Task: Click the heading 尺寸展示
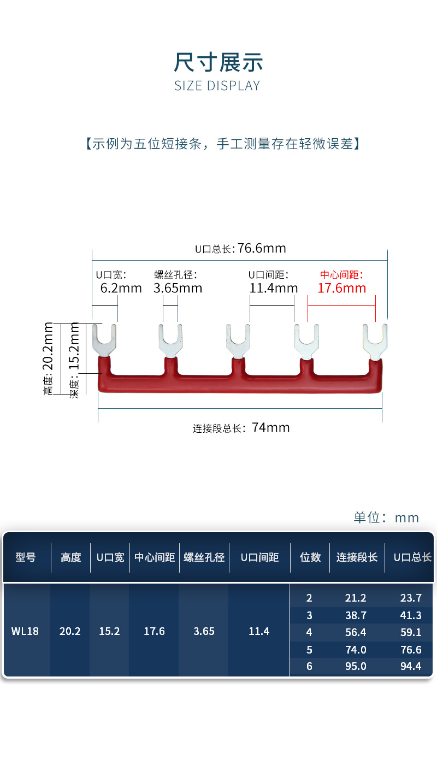pos(218,63)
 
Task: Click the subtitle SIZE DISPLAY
pos(217,86)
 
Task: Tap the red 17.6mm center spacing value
pos(341,288)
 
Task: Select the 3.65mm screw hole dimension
pos(178,288)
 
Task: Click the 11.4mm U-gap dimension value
pos(274,288)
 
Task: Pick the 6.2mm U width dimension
pos(121,288)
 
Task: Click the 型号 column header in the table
pos(26,557)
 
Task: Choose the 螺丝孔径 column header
pos(204,557)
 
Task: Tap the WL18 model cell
pos(25,631)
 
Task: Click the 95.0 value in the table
pos(356,666)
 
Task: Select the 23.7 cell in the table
pos(411,598)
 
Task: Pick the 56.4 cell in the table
pos(356,632)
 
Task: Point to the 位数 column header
pos(310,557)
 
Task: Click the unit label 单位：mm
pos(386,517)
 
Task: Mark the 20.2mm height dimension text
pos(49,358)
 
